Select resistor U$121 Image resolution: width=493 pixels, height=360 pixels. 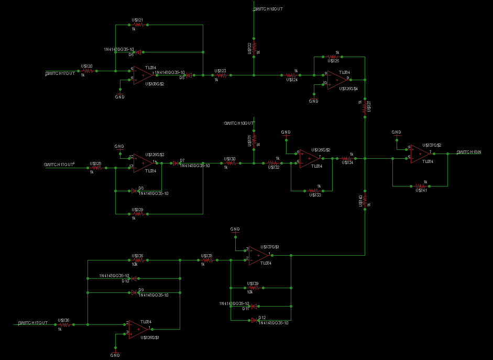coord(138,25)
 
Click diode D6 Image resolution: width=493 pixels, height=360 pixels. coord(138,52)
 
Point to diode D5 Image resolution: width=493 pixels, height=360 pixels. coord(189,75)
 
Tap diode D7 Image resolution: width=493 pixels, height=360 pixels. coord(174,163)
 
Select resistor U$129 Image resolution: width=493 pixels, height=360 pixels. coord(138,213)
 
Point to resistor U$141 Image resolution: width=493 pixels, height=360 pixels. coord(420,186)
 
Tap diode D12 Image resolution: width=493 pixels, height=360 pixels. coord(254,319)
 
